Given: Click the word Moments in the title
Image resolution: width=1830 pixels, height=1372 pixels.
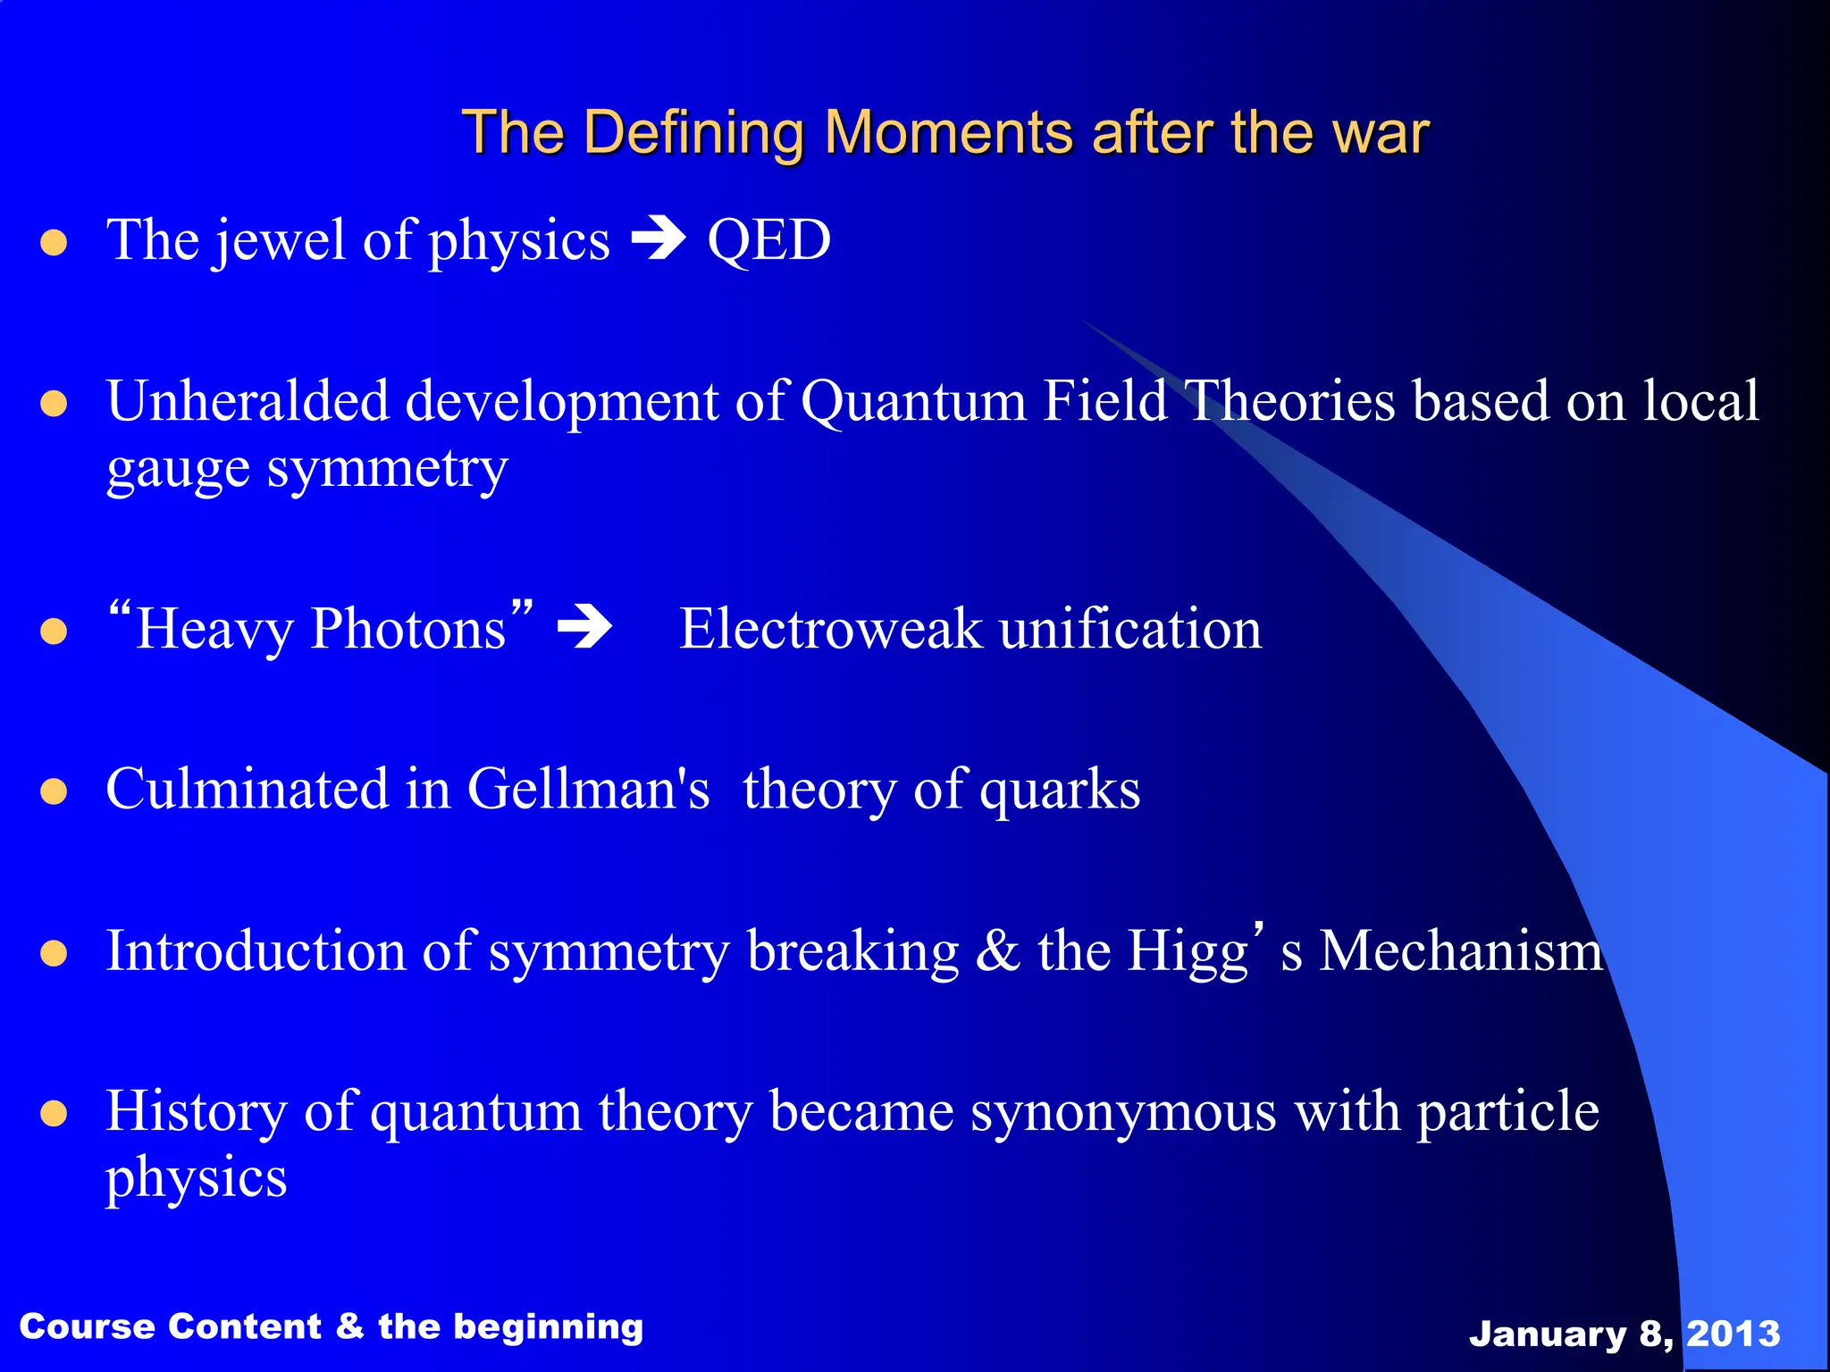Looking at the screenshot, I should tap(947, 132).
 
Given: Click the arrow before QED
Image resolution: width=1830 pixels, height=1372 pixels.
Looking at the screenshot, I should tap(659, 238).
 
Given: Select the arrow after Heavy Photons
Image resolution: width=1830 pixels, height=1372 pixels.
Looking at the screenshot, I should tap(584, 627).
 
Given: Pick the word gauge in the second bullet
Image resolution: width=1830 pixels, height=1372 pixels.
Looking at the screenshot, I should tap(177, 470).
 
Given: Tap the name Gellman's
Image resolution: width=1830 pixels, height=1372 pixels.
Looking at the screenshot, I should tap(588, 789).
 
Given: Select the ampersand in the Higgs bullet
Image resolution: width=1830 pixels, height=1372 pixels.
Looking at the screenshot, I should tap(997, 950).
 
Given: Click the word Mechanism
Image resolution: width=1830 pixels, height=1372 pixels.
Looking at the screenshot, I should tap(1461, 950).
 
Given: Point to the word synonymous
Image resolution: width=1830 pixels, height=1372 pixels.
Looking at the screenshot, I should tap(1123, 1112).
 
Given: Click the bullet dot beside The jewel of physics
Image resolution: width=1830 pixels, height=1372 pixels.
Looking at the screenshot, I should tap(55, 242).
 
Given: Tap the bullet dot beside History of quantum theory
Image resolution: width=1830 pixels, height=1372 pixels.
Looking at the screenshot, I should tap(55, 1114).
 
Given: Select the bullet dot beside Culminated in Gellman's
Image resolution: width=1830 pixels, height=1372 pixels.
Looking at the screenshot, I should tap(55, 791).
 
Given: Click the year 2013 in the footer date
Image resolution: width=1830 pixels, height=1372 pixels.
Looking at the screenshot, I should tap(1733, 1334).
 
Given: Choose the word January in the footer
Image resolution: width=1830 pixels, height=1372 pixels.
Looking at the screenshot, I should tap(1547, 1334).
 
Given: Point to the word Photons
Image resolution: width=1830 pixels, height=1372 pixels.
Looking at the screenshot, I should tap(408, 628).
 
